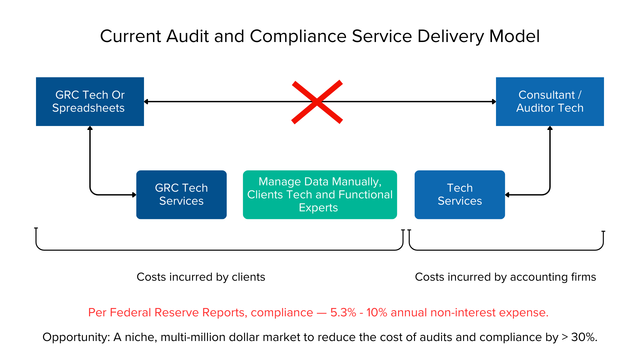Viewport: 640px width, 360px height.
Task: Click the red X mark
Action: [317, 102]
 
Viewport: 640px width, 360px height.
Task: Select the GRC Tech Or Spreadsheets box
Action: [90, 101]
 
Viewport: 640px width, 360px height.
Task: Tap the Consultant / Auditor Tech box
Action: [550, 101]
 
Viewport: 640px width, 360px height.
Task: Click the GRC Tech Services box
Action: [181, 194]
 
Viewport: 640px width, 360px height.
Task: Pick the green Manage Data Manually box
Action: [320, 194]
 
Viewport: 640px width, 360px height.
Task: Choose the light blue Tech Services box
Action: [460, 194]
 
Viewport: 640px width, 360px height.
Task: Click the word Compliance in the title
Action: [298, 36]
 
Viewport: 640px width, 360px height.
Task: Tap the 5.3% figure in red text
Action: [343, 312]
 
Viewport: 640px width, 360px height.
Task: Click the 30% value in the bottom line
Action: [583, 337]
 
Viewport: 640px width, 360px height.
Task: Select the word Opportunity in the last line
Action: [76, 337]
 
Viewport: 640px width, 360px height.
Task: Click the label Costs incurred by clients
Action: [201, 277]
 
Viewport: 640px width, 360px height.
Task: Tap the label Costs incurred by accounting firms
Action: [505, 277]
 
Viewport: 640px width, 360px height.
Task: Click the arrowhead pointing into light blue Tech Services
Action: [507, 195]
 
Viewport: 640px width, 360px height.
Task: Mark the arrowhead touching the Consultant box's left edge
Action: [494, 102]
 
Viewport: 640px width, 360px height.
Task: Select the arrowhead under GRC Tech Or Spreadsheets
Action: [90, 128]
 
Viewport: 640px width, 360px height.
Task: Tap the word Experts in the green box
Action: [318, 208]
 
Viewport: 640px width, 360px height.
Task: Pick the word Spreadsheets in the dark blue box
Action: [88, 108]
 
